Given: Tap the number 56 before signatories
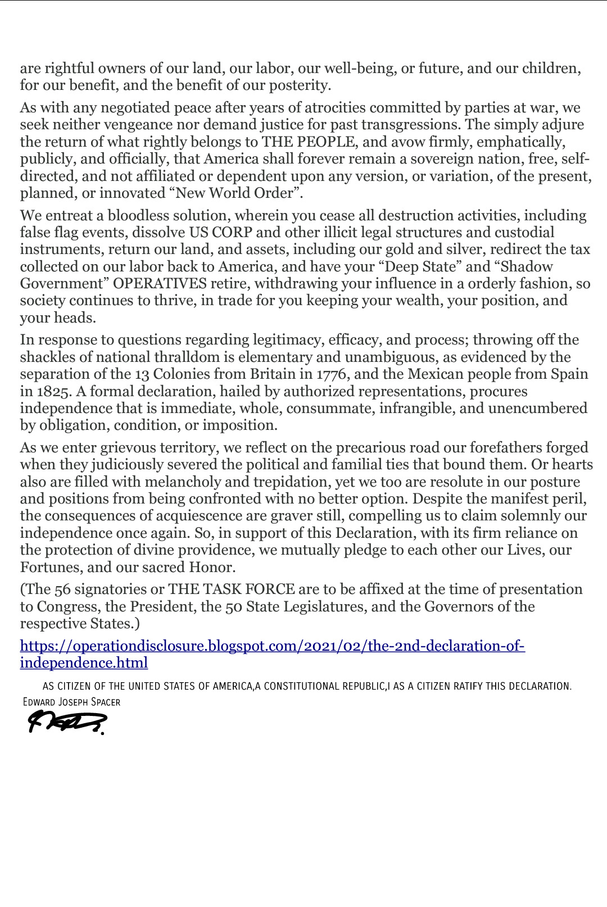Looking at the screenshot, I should click(x=62, y=589).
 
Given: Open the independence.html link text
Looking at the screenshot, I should click(x=84, y=663).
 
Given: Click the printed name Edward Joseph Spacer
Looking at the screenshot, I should click(x=71, y=702).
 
